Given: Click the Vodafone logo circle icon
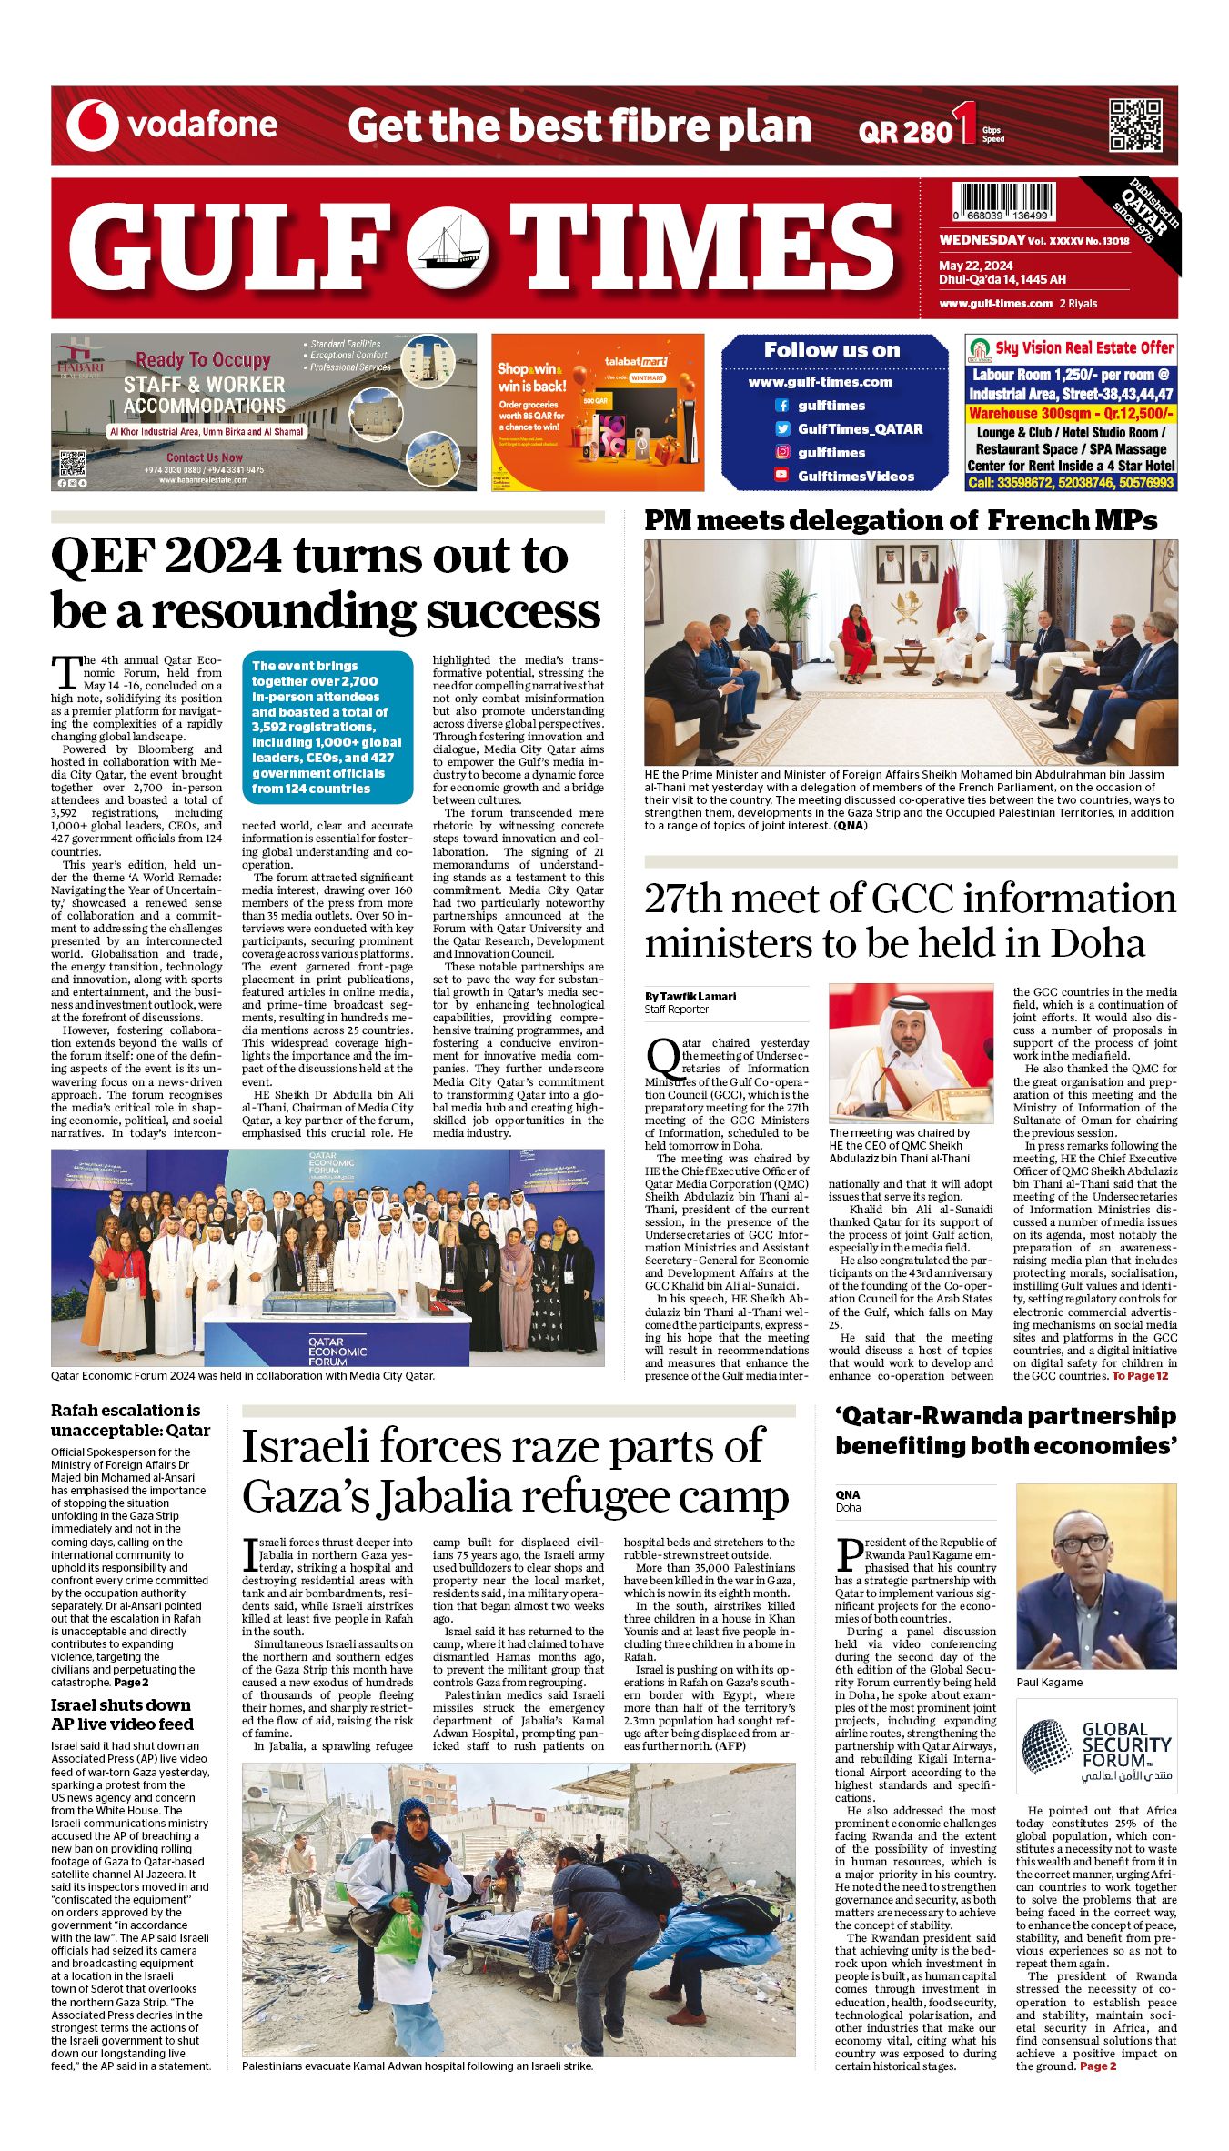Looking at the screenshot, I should coord(92,125).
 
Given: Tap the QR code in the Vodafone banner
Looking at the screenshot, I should coord(1135,125).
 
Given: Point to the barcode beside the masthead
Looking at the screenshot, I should coord(1004,201).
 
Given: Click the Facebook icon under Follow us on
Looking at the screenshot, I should coord(781,406).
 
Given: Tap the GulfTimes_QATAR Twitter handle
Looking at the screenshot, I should coord(860,429).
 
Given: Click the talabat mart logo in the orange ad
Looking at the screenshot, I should coord(636,362).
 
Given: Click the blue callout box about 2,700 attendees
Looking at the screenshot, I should coord(327,727).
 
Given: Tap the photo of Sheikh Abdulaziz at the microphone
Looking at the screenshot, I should coord(911,1053).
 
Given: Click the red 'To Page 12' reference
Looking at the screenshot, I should coord(1139,1376).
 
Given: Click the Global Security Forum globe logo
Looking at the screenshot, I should coord(1046,1745).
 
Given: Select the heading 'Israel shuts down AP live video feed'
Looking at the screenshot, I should coord(122,1714).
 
